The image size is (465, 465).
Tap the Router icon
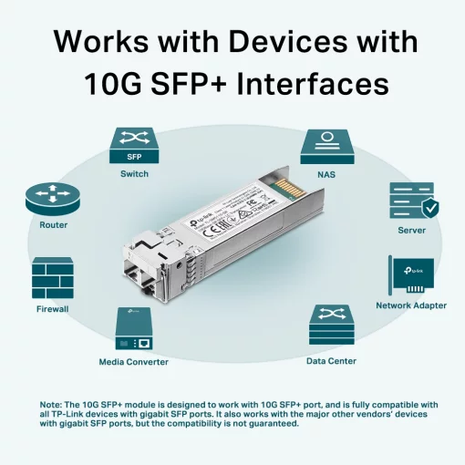coord(53,196)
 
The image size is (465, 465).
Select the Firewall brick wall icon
coord(53,278)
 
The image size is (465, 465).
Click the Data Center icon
coord(331,326)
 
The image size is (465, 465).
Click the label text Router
coord(53,224)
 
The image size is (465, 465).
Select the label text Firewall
coord(53,309)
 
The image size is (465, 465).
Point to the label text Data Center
coord(331,361)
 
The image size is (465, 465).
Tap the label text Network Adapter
coord(411,305)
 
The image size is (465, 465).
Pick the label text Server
coord(412,231)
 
